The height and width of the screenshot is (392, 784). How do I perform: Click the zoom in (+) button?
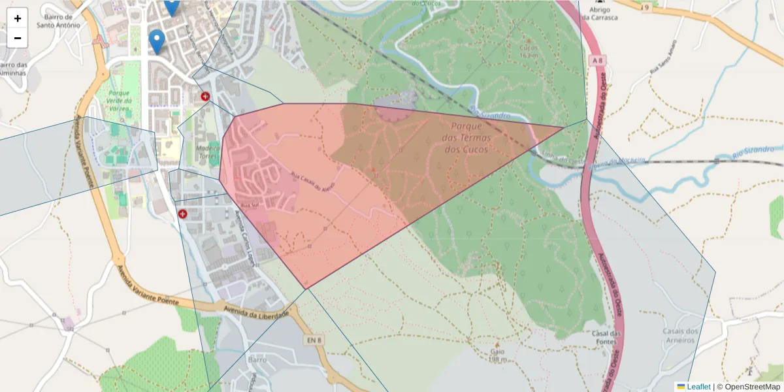click(x=18, y=18)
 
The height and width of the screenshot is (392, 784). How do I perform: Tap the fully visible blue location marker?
click(x=156, y=41)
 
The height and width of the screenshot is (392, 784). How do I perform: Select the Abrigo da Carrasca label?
click(x=599, y=13)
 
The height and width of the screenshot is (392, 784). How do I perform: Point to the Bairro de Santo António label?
click(x=58, y=21)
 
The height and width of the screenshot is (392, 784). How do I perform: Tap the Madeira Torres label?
click(x=208, y=152)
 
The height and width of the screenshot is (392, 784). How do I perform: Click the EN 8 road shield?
click(x=314, y=340)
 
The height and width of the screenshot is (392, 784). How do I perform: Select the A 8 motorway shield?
click(x=596, y=60)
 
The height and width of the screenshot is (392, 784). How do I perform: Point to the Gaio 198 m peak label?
click(x=498, y=355)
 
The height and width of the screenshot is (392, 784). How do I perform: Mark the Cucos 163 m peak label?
click(x=528, y=51)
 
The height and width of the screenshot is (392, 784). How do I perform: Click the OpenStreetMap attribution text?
click(x=753, y=387)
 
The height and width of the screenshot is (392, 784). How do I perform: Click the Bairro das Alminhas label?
click(x=13, y=69)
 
